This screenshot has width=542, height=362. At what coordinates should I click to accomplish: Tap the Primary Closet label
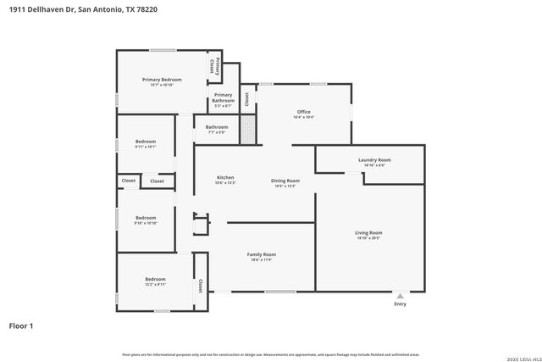pyautogui.click(x=217, y=65)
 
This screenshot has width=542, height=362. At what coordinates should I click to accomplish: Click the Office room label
pyautogui.click(x=303, y=112)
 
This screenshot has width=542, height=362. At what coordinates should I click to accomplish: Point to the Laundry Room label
pyautogui.click(x=374, y=159)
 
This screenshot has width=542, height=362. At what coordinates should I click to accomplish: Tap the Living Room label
pyautogui.click(x=368, y=232)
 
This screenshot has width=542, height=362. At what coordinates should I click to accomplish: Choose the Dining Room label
pyautogui.click(x=285, y=181)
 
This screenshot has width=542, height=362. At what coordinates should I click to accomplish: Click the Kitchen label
pyautogui.click(x=225, y=177)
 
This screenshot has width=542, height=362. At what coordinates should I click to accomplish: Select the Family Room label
pyautogui.click(x=261, y=254)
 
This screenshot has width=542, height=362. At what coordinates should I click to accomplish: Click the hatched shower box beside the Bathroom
pyautogui.click(x=247, y=130)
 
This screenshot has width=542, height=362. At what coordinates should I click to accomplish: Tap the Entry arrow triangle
pyautogui.click(x=401, y=296)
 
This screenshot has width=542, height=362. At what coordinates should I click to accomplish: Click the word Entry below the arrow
pyautogui.click(x=401, y=304)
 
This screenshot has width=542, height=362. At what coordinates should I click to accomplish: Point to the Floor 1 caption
pyautogui.click(x=21, y=325)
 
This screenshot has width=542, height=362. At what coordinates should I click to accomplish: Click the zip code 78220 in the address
pyautogui.click(x=147, y=8)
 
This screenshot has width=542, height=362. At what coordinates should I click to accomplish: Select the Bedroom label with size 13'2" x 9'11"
pyautogui.click(x=155, y=279)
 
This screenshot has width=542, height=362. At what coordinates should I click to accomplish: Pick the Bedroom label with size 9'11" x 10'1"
pyautogui.click(x=145, y=142)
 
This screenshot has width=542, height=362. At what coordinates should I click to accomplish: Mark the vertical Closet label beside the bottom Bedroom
pyautogui.click(x=200, y=285)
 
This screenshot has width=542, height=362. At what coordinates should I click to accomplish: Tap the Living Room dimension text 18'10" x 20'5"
pyautogui.click(x=368, y=238)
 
